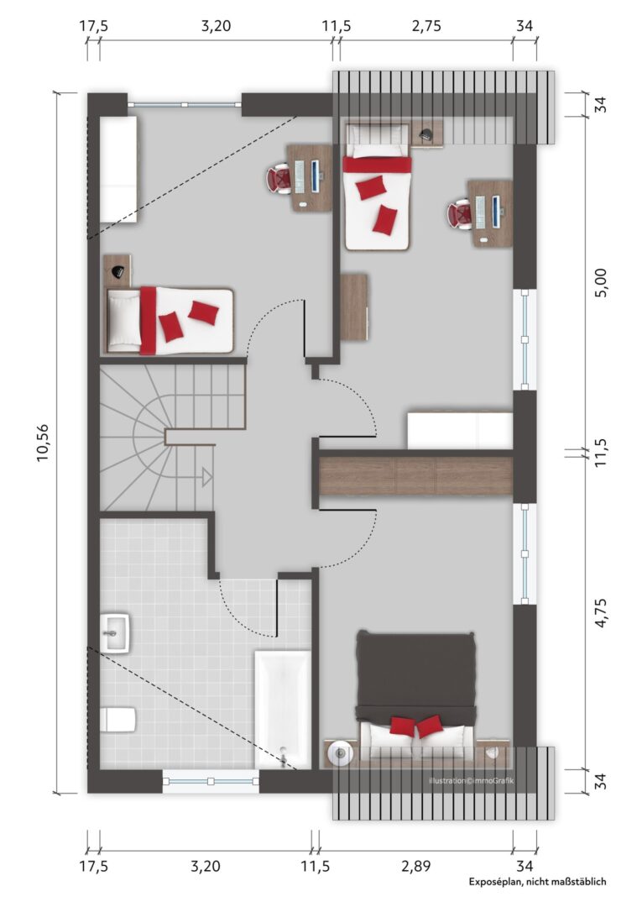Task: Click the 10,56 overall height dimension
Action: point(44,443)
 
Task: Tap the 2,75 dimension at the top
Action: point(425,26)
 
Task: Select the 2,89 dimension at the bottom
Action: point(415,866)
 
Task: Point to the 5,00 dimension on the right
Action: point(601,283)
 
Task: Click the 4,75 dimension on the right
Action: point(601,613)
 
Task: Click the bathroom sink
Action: point(115,632)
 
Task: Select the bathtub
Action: point(283,710)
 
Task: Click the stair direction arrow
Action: point(205,477)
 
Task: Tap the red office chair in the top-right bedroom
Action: point(459,213)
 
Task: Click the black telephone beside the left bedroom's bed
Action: point(117,270)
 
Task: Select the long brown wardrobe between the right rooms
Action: point(416,475)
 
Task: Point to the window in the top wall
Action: point(184,105)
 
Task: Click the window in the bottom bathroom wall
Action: point(211,781)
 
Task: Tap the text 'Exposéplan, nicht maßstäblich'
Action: point(537,882)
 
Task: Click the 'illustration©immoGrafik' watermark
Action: point(471,781)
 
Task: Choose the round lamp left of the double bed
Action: point(340,753)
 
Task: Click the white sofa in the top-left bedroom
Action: point(119,169)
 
